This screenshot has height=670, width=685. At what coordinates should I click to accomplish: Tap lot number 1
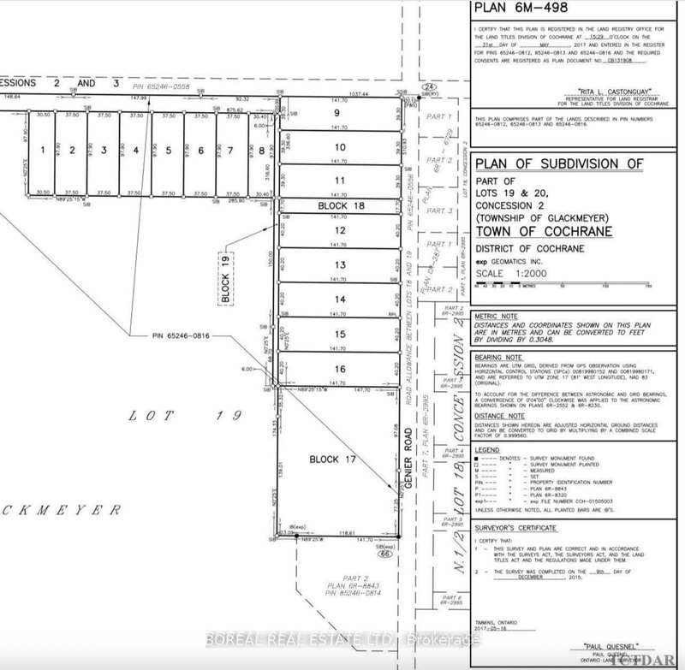tap(40, 151)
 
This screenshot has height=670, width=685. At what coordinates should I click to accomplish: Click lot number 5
tap(169, 151)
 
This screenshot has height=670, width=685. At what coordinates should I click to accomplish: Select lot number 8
tap(260, 151)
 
